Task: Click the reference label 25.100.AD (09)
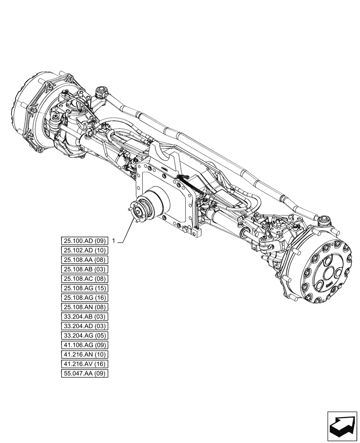pos(84,241)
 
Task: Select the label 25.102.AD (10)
pos(84,250)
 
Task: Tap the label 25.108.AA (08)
pos(84,260)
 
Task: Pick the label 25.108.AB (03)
pos(84,269)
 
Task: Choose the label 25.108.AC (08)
pos(84,279)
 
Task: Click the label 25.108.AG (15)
pos(84,288)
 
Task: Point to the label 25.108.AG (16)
pos(84,298)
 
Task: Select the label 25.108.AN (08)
pos(84,307)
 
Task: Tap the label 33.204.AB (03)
pos(84,317)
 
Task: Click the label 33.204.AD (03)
pos(84,326)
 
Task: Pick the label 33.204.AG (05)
pos(84,335)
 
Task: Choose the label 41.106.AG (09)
pos(84,345)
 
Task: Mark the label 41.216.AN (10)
pos(84,354)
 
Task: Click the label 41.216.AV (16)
pos(84,364)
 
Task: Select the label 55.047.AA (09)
pos(84,373)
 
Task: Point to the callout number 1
pos(114,241)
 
